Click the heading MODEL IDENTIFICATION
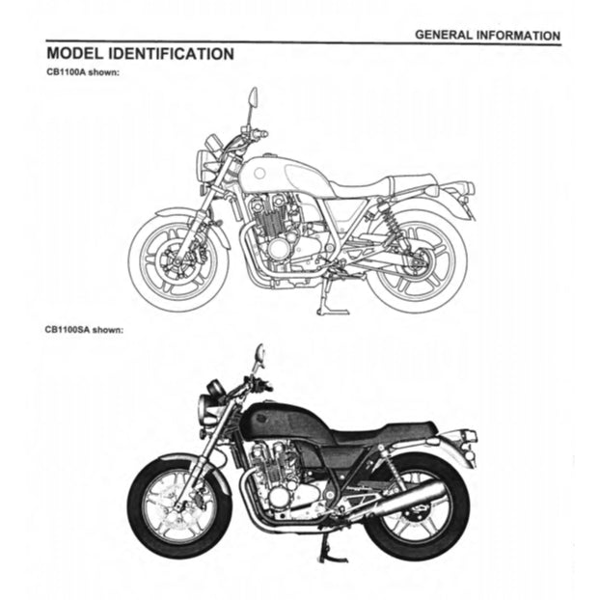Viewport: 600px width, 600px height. click(x=139, y=53)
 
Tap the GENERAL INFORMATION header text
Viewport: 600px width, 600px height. click(x=486, y=35)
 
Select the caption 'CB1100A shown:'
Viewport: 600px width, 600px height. click(x=82, y=73)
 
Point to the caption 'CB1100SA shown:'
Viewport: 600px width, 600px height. click(x=84, y=329)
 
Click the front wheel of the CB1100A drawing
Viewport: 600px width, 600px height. click(x=178, y=259)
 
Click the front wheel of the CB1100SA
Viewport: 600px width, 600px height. click(x=177, y=507)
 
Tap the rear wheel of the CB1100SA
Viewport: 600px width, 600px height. click(x=418, y=509)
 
